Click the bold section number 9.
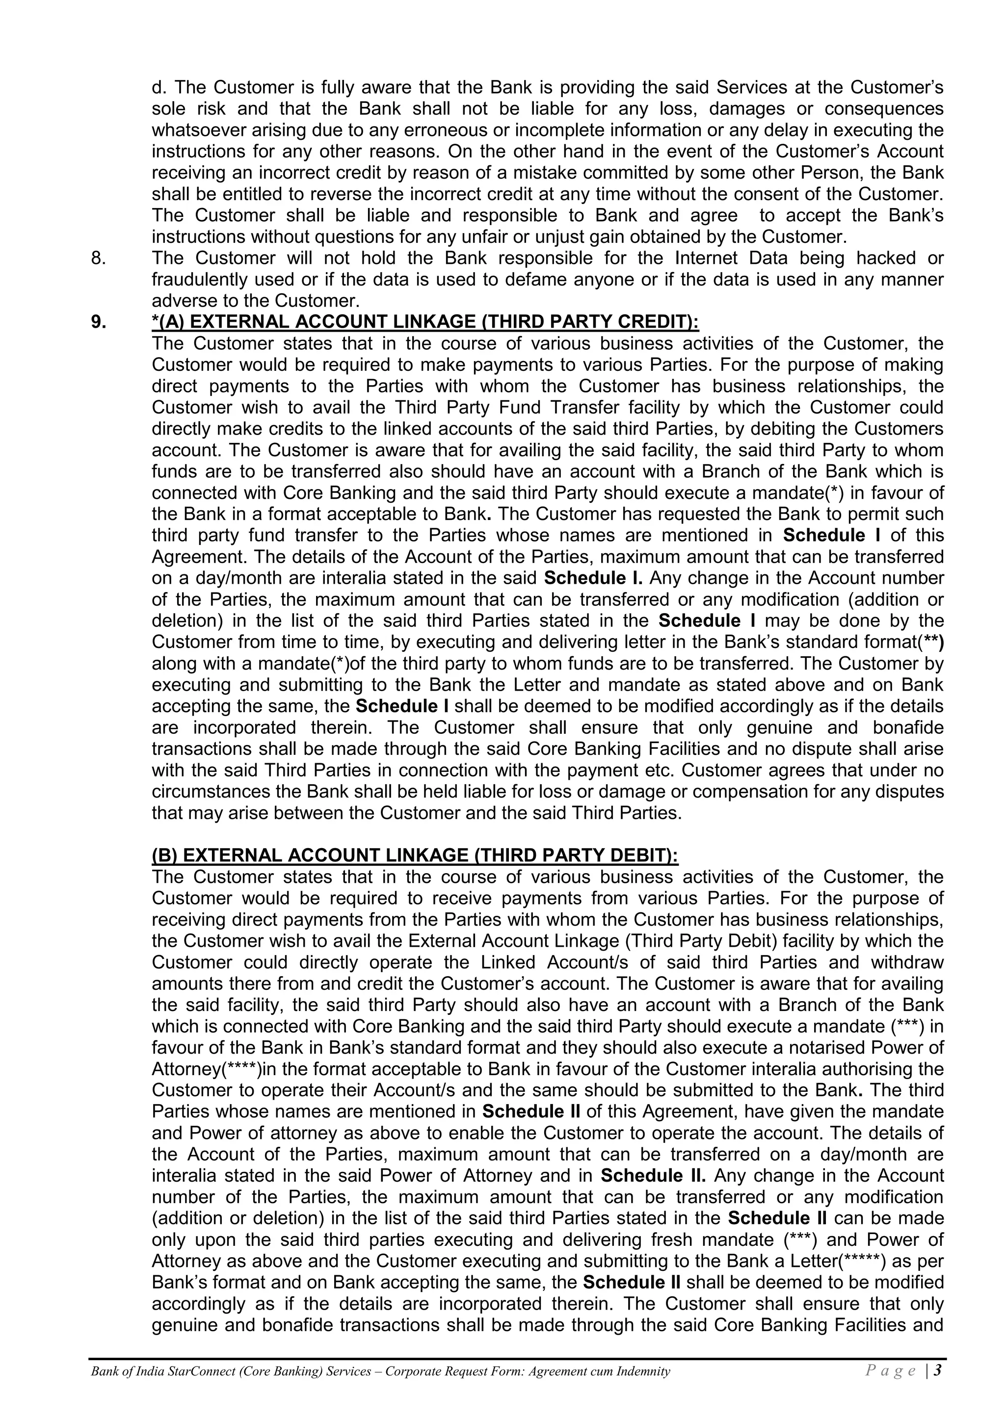(99, 322)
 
